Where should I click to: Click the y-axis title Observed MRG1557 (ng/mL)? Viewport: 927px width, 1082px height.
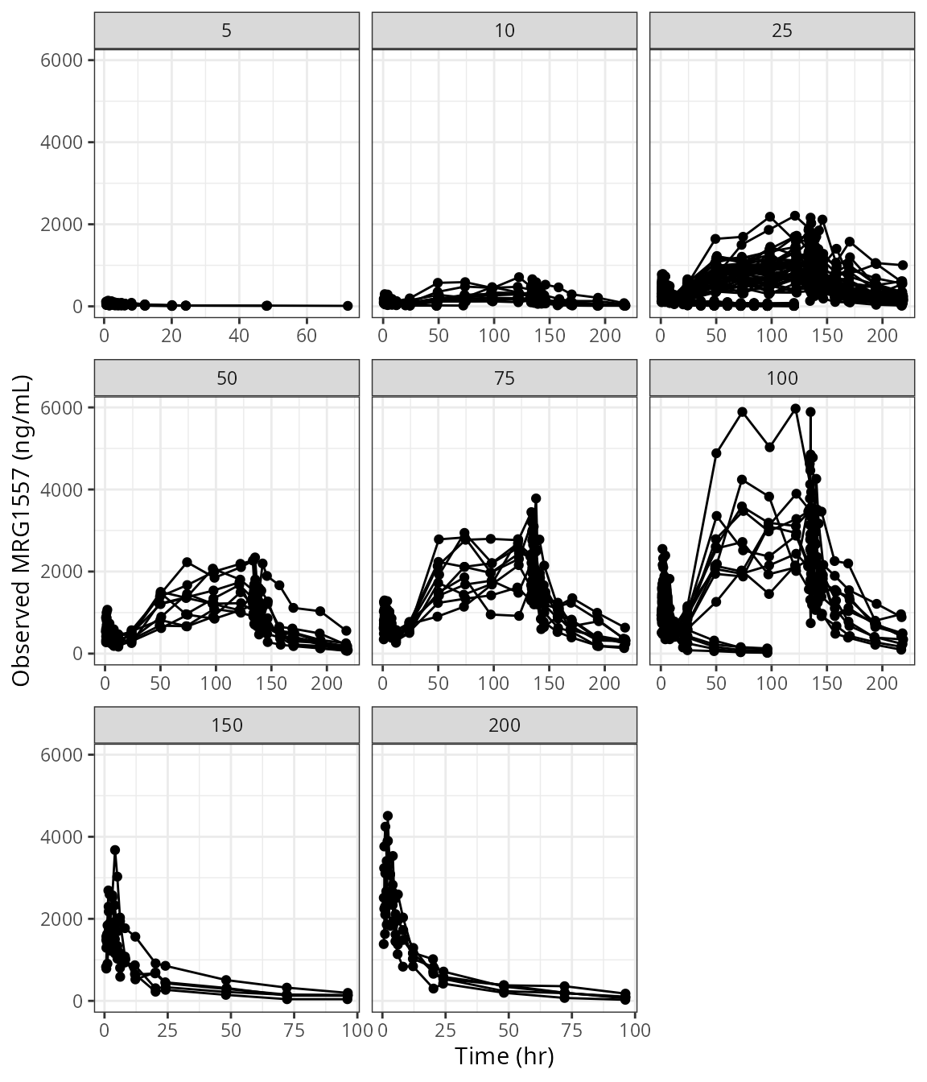[22, 531]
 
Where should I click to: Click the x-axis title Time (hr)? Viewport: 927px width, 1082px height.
[505, 1055]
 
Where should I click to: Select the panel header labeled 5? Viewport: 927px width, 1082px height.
[227, 31]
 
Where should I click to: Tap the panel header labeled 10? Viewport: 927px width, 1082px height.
[505, 31]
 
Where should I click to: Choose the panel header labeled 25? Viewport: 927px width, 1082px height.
[782, 31]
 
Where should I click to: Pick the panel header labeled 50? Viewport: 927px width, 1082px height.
[227, 378]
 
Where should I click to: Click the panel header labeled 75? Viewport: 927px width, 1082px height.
[505, 378]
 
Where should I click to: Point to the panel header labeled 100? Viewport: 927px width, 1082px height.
[782, 378]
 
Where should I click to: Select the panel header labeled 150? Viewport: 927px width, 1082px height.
[227, 725]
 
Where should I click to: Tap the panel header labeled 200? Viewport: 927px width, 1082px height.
[505, 725]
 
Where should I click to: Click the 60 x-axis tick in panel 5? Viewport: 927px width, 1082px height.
[306, 335]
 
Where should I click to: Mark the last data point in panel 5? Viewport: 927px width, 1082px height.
[348, 306]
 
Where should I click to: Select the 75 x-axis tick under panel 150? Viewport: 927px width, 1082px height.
[294, 1030]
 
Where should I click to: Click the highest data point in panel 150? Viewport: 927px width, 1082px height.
[115, 850]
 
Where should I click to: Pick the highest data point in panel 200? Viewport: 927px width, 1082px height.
[387, 816]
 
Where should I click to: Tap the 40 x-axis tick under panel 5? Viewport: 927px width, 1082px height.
[238, 335]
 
